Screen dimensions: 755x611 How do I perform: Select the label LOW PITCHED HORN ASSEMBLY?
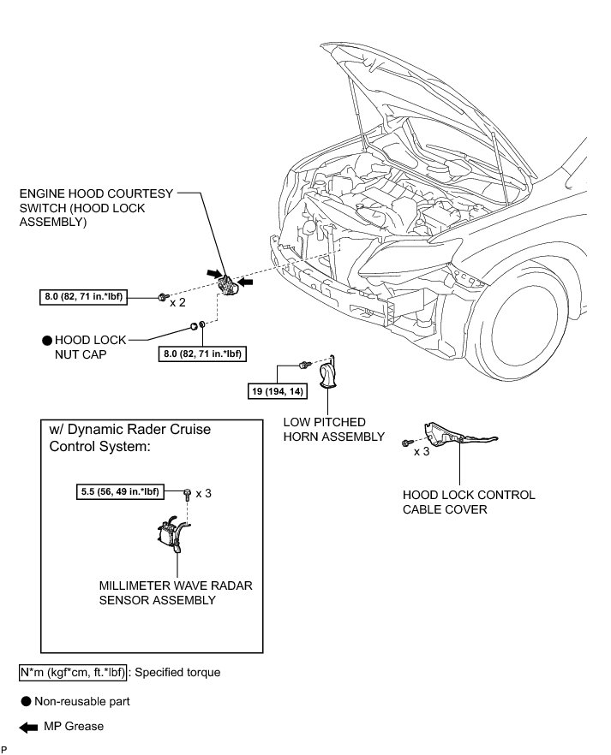point(335,430)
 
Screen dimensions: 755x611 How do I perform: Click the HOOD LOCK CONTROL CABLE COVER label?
point(468,502)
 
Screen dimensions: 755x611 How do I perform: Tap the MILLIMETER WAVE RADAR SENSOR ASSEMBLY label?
point(176,592)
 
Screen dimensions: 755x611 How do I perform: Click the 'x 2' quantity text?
point(178,302)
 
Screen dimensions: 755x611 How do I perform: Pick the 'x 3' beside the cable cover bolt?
point(421,450)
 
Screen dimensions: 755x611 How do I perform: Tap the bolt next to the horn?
point(303,366)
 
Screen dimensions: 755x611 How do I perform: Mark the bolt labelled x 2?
point(161,297)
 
